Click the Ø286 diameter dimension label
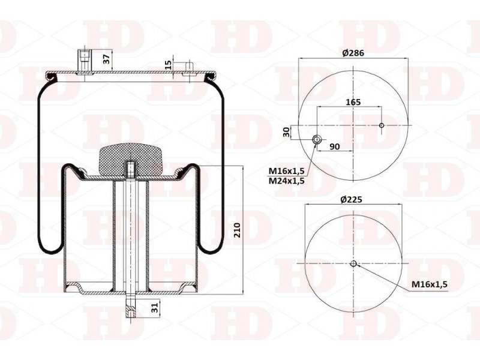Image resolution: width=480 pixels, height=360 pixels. [x=353, y=53]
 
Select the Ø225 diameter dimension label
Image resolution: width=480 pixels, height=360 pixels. [x=351, y=200]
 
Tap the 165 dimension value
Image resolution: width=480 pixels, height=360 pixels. [x=353, y=102]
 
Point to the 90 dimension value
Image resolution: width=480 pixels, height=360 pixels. [x=335, y=146]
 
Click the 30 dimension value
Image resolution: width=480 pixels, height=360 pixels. [x=287, y=132]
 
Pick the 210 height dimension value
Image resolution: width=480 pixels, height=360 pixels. [x=238, y=230]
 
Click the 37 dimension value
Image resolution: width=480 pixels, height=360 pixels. [x=106, y=59]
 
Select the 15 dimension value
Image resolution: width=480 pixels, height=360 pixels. [x=168, y=65]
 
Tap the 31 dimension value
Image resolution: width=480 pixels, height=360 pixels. [x=156, y=307]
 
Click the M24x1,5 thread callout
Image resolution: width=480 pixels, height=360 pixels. [x=287, y=181]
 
